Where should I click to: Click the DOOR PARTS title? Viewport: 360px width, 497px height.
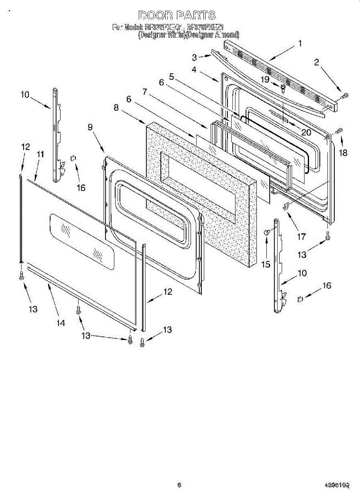(177, 16)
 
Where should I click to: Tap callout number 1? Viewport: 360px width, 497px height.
(300, 43)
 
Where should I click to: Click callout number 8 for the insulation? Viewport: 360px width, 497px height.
(116, 108)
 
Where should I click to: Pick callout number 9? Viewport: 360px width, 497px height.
(90, 128)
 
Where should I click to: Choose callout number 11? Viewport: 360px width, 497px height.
(40, 154)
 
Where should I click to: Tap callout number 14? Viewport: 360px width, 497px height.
(61, 323)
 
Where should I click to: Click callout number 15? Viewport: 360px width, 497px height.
(266, 263)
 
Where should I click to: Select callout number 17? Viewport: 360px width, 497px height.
(301, 236)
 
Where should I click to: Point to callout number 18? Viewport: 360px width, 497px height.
(343, 152)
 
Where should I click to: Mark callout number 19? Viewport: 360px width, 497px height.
(265, 79)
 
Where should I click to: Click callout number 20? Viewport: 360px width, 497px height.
(306, 133)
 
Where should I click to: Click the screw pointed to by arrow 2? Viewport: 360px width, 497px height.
(344, 96)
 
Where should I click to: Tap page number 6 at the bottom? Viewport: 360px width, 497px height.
(179, 485)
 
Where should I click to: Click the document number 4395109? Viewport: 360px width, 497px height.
(337, 485)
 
